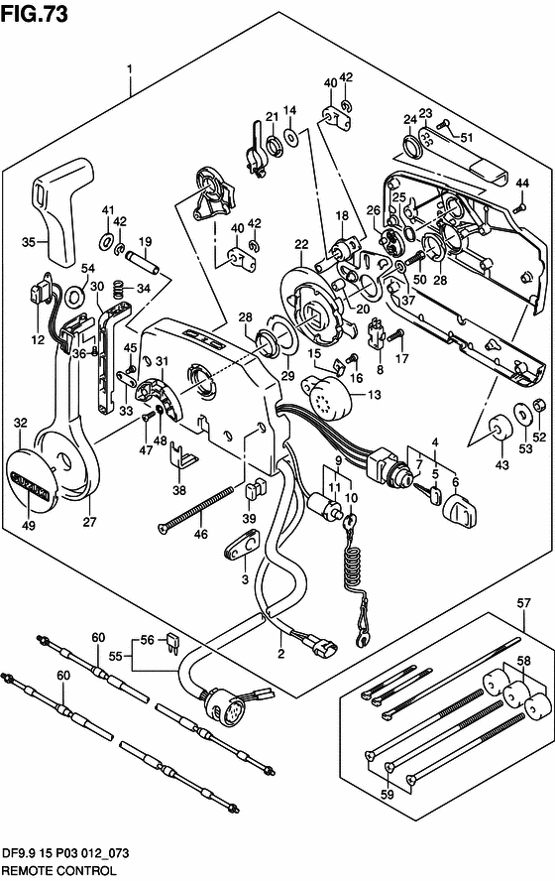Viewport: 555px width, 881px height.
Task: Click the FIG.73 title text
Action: pos(35,13)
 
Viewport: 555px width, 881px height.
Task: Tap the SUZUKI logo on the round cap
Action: pos(28,484)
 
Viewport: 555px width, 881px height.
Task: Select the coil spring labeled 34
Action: pos(118,290)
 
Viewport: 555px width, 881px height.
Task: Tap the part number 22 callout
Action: pos(301,244)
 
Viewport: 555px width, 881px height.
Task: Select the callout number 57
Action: pos(523,604)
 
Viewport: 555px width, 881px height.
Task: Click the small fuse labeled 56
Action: pos(172,645)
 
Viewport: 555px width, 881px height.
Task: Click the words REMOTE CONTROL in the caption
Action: pos(58,870)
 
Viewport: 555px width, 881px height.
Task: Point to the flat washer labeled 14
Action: pos(290,136)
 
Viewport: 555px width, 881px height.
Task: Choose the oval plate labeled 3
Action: pos(241,544)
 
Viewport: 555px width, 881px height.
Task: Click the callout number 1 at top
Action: pos(130,69)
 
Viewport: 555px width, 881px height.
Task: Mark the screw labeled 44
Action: pos(519,207)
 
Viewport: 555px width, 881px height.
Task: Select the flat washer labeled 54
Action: pos(74,294)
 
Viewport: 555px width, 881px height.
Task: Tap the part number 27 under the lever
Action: pos(90,522)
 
